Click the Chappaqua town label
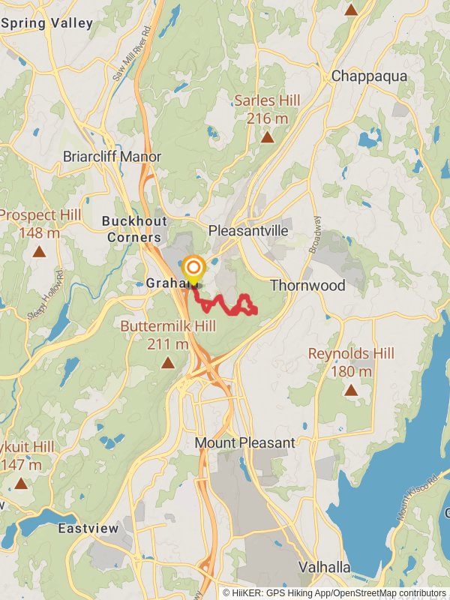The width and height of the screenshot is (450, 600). click(x=369, y=76)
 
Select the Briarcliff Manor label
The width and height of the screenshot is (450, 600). click(x=112, y=157)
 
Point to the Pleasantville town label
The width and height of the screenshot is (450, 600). click(x=248, y=230)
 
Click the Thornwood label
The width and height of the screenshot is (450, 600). click(x=307, y=286)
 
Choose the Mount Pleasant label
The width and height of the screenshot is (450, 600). click(x=245, y=443)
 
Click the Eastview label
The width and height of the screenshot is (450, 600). click(x=88, y=529)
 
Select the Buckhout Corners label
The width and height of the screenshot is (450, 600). click(x=131, y=229)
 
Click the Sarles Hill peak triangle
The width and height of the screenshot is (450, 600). click(x=266, y=137)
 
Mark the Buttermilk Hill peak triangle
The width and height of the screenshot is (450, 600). click(x=168, y=363)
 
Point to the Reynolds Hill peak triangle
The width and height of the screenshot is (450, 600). click(x=351, y=390)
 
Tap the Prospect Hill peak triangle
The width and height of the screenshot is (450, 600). click(x=39, y=252)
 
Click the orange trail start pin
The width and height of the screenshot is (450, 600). click(x=193, y=269)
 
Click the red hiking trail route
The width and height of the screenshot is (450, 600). click(x=225, y=304)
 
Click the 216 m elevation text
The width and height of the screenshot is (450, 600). click(x=267, y=118)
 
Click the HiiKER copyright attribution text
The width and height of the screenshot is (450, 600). click(x=334, y=592)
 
